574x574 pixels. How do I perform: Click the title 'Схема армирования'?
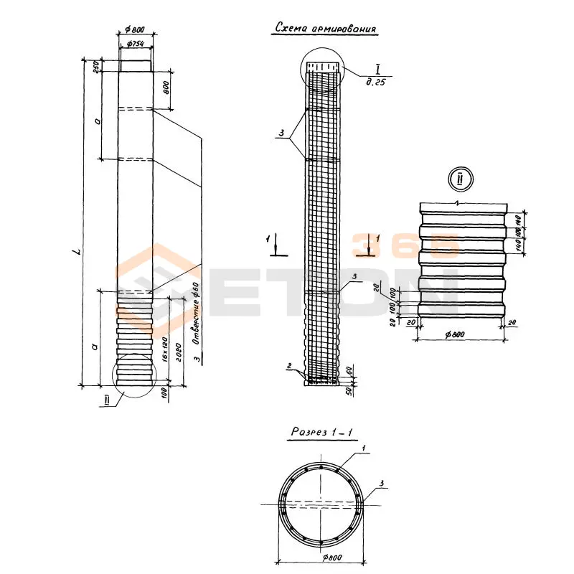coord(325,29)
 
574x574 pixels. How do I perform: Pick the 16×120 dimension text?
coord(164,349)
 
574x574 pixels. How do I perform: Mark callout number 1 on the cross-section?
coord(364,448)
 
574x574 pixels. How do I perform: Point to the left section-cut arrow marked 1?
coord(276,245)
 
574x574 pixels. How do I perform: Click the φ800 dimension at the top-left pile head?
coord(134,29)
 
